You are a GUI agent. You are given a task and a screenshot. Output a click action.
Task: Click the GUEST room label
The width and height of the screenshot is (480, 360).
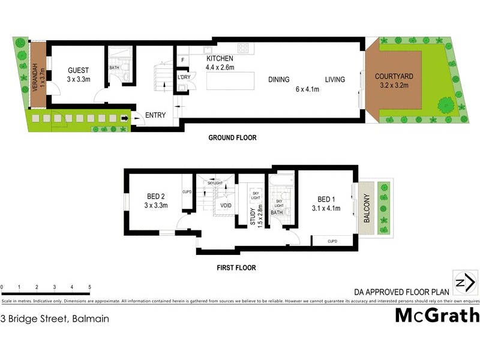point(78,69)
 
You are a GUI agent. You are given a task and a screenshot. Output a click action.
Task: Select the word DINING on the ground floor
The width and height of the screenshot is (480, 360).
point(279,79)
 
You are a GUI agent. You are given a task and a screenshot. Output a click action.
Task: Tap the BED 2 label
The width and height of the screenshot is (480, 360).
point(155,196)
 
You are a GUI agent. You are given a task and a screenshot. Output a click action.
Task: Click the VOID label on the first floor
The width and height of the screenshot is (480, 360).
point(226,205)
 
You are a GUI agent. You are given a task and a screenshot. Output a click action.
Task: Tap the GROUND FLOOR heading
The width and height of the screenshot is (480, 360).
point(232,138)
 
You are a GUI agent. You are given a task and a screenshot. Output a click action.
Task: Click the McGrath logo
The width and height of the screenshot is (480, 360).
point(437,315)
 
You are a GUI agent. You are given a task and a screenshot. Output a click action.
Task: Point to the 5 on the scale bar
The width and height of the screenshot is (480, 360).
point(89,287)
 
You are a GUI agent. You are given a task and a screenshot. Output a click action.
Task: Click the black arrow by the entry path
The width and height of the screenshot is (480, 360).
point(125,119)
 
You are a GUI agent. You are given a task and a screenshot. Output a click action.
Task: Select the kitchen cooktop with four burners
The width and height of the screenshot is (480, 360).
point(244,47)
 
